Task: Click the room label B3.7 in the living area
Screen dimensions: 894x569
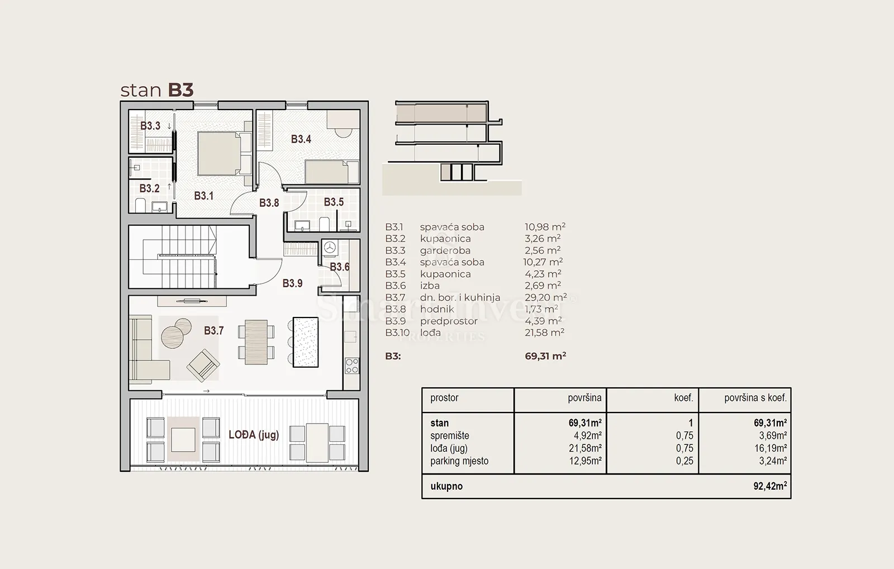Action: point(214,331)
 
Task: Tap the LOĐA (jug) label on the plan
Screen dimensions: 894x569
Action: point(254,435)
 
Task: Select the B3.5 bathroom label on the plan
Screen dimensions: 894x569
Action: point(334,202)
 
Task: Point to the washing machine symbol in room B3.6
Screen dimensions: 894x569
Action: point(330,248)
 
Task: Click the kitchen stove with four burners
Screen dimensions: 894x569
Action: point(351,366)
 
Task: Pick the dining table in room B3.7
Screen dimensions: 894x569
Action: point(256,342)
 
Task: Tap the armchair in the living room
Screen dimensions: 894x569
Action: point(203,365)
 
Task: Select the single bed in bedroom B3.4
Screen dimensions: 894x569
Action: point(332,172)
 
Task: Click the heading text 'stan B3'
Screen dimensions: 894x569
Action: point(157,90)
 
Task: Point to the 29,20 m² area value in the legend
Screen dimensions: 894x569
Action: point(545,297)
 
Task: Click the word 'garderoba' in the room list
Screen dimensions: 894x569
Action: point(445,250)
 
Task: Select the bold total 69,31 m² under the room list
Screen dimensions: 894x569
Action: point(545,356)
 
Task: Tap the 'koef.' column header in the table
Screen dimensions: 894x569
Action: point(684,398)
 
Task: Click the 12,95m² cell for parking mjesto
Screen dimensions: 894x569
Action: point(585,461)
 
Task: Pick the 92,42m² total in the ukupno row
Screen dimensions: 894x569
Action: point(771,486)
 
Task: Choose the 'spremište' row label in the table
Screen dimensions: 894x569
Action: point(450,435)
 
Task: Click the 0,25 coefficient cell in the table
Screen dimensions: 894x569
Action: point(685,461)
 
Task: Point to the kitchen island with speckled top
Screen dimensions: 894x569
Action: point(306,342)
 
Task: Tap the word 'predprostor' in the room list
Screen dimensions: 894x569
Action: point(449,321)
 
